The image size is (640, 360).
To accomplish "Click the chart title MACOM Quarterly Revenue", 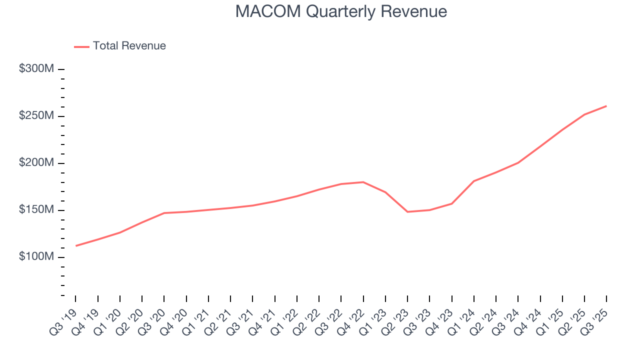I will [x=341, y=11].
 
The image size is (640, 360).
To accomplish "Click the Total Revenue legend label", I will [x=129, y=46].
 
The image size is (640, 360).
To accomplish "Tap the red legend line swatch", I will [x=82, y=46].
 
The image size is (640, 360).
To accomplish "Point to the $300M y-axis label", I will [x=36, y=69].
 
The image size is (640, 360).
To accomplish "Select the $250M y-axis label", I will [x=36, y=116].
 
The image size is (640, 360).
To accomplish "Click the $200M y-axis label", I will [x=36, y=163].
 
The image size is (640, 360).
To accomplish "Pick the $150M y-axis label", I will [x=36, y=210].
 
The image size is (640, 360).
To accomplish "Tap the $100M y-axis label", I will [x=36, y=257].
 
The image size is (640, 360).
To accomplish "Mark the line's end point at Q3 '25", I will [x=606, y=106].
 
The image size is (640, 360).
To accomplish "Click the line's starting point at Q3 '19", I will [x=76, y=245].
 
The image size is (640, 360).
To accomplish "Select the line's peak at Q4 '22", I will [x=363, y=182].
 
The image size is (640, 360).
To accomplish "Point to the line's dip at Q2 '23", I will [x=407, y=212].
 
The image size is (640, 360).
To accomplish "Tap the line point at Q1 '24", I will [x=473, y=181].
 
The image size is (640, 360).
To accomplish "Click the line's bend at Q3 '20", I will [x=164, y=213].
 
